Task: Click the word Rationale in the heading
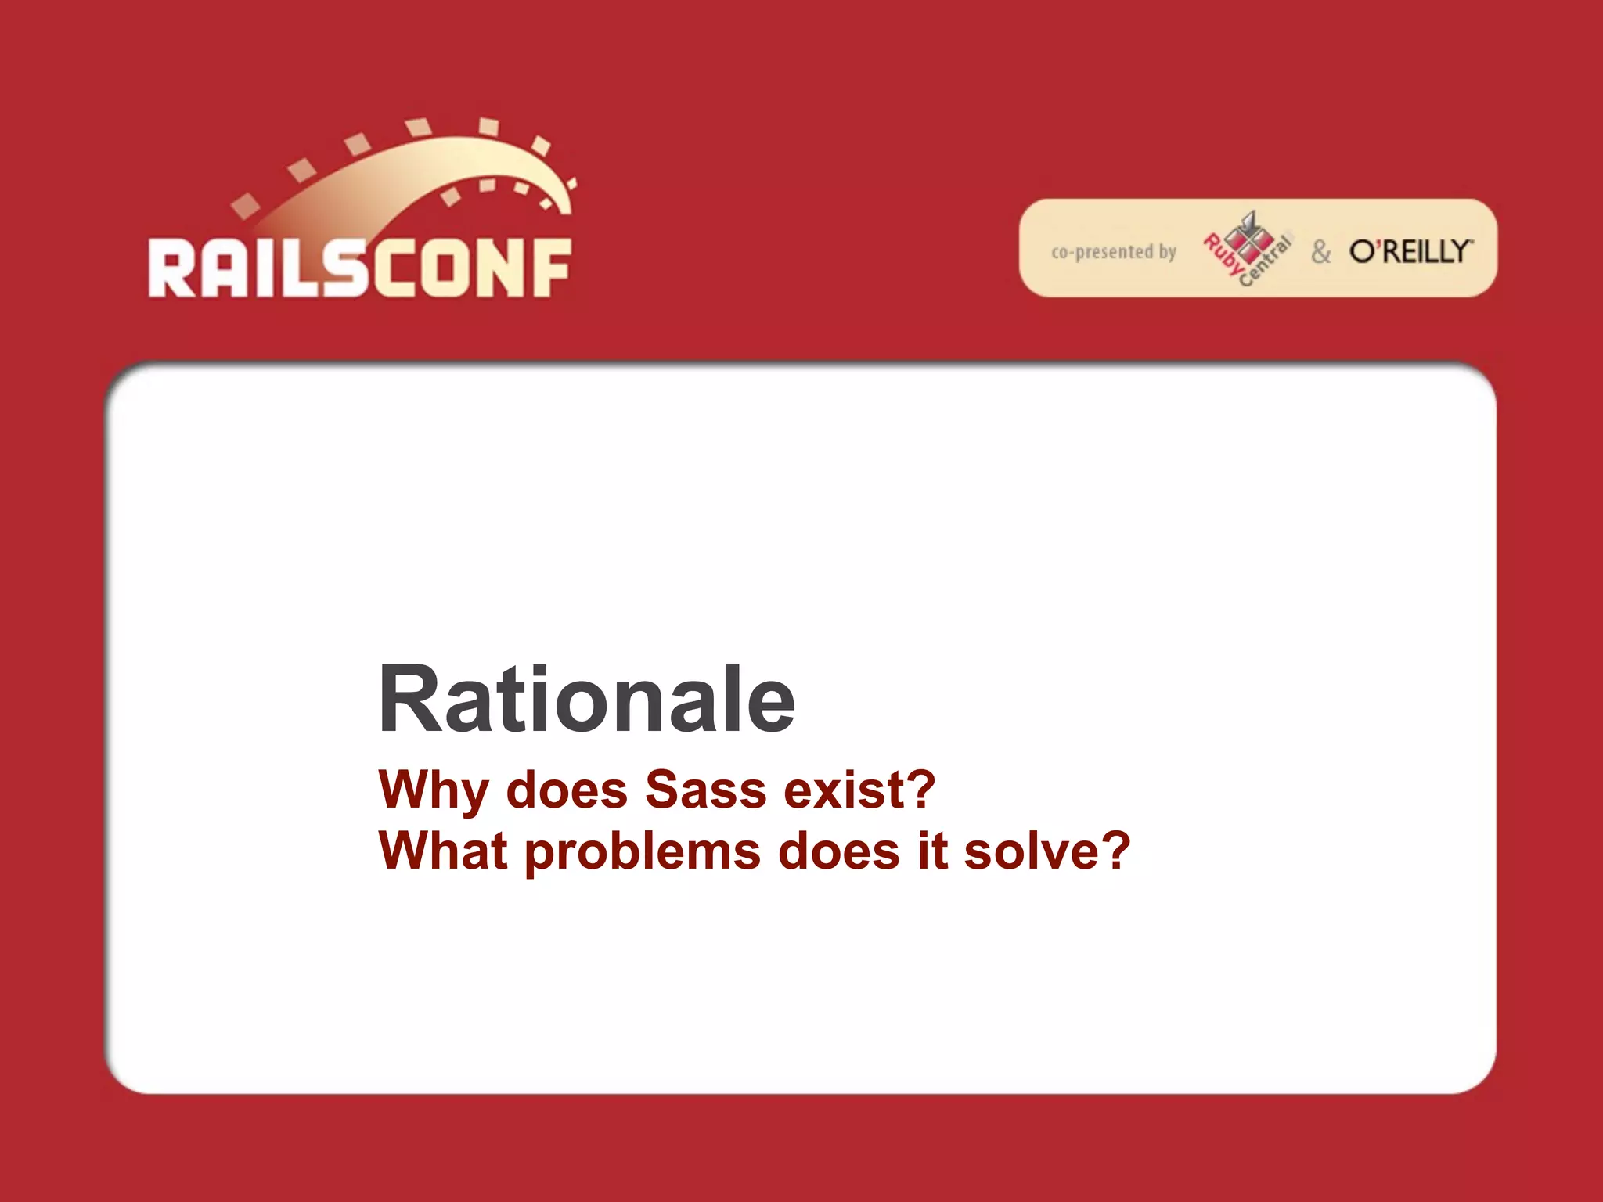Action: click(586, 699)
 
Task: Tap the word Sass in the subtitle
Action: click(705, 790)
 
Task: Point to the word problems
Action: click(642, 852)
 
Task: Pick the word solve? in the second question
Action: click(1046, 851)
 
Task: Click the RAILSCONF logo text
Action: click(360, 268)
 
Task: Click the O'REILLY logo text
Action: click(1410, 251)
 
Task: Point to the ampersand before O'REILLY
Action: click(1321, 252)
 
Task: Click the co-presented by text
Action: click(1113, 252)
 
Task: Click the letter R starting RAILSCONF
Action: click(171, 268)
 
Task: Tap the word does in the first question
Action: click(567, 790)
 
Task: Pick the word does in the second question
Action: click(838, 851)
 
